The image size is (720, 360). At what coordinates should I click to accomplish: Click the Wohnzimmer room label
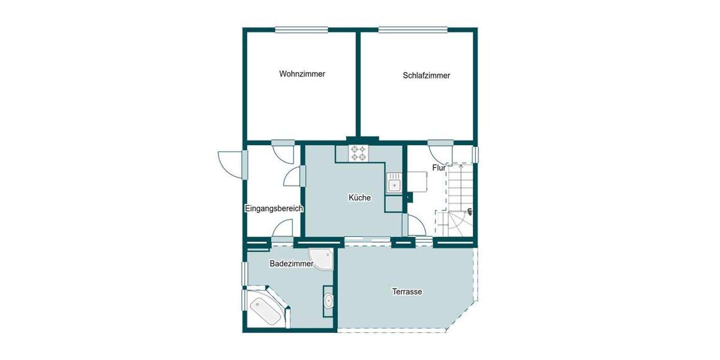click(x=302, y=74)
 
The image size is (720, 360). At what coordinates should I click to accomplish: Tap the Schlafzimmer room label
click(x=426, y=76)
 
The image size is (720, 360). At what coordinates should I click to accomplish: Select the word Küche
click(x=359, y=197)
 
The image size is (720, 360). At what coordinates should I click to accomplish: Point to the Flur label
click(x=439, y=168)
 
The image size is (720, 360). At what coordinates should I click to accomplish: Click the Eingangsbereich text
click(x=274, y=209)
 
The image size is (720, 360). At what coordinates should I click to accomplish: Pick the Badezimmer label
click(x=291, y=263)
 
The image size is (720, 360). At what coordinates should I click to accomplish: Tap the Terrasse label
click(x=407, y=292)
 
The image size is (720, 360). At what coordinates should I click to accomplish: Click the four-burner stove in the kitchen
click(x=359, y=153)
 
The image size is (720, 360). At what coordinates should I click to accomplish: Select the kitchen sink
click(x=394, y=184)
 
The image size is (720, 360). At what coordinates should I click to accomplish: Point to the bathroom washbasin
click(x=328, y=301)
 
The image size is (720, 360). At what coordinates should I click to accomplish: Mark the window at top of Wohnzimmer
click(x=302, y=29)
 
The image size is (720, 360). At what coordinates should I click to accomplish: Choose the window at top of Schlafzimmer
click(x=413, y=29)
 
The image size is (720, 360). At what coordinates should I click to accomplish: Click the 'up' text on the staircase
click(x=469, y=211)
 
